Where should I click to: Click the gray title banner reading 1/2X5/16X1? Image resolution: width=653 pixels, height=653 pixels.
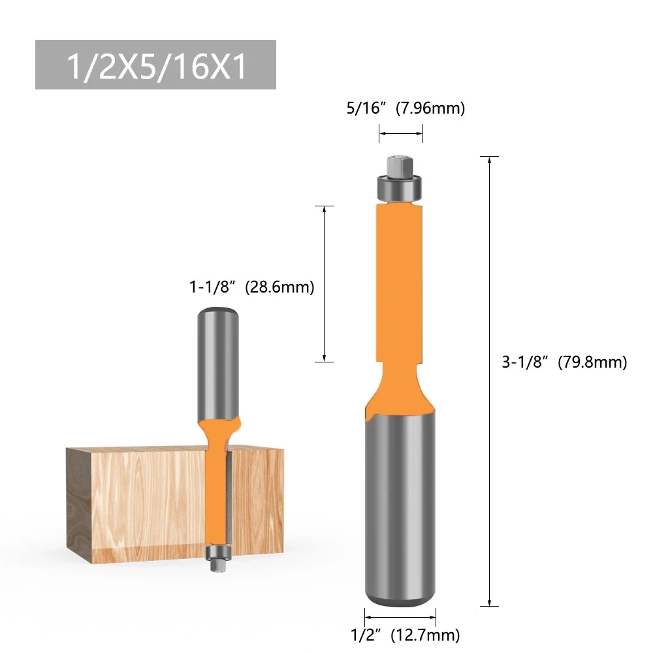click(x=155, y=65)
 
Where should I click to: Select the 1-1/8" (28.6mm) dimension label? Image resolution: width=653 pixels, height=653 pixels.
click(x=252, y=287)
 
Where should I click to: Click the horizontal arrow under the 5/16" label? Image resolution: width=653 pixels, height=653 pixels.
click(x=401, y=134)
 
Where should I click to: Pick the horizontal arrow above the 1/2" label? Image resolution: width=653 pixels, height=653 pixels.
click(x=400, y=615)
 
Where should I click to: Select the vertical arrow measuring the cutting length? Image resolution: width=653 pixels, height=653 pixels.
click(x=325, y=284)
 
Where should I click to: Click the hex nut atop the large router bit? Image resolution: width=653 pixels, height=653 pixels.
click(x=400, y=166)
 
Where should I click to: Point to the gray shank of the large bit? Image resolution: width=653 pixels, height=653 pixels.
click(x=400, y=503)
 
